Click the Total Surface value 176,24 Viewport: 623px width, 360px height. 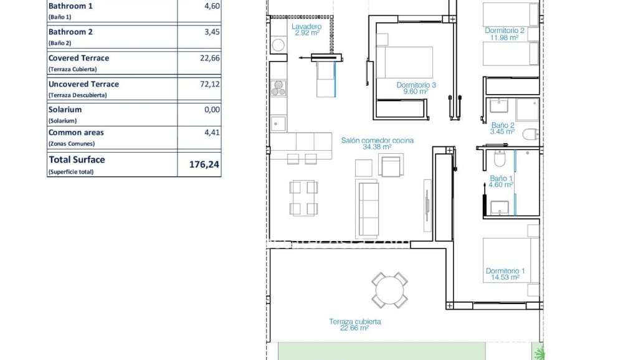[204, 165]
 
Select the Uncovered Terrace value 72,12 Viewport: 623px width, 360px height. [210, 84]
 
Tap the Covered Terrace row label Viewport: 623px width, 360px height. [78, 58]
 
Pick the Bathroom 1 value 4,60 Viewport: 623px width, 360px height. [212, 6]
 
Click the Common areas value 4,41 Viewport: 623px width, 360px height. [212, 132]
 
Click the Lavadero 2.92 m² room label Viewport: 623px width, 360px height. [307, 29]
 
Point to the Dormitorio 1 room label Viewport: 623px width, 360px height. [505, 274]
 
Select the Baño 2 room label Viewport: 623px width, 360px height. [502, 128]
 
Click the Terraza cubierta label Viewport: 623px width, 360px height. [355, 324]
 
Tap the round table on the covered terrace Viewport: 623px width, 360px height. [389, 290]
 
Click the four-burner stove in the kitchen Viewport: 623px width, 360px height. [278, 88]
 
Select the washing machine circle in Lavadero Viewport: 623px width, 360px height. [278, 45]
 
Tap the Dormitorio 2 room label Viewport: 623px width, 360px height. [505, 34]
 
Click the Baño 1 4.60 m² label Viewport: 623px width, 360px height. [501, 181]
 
